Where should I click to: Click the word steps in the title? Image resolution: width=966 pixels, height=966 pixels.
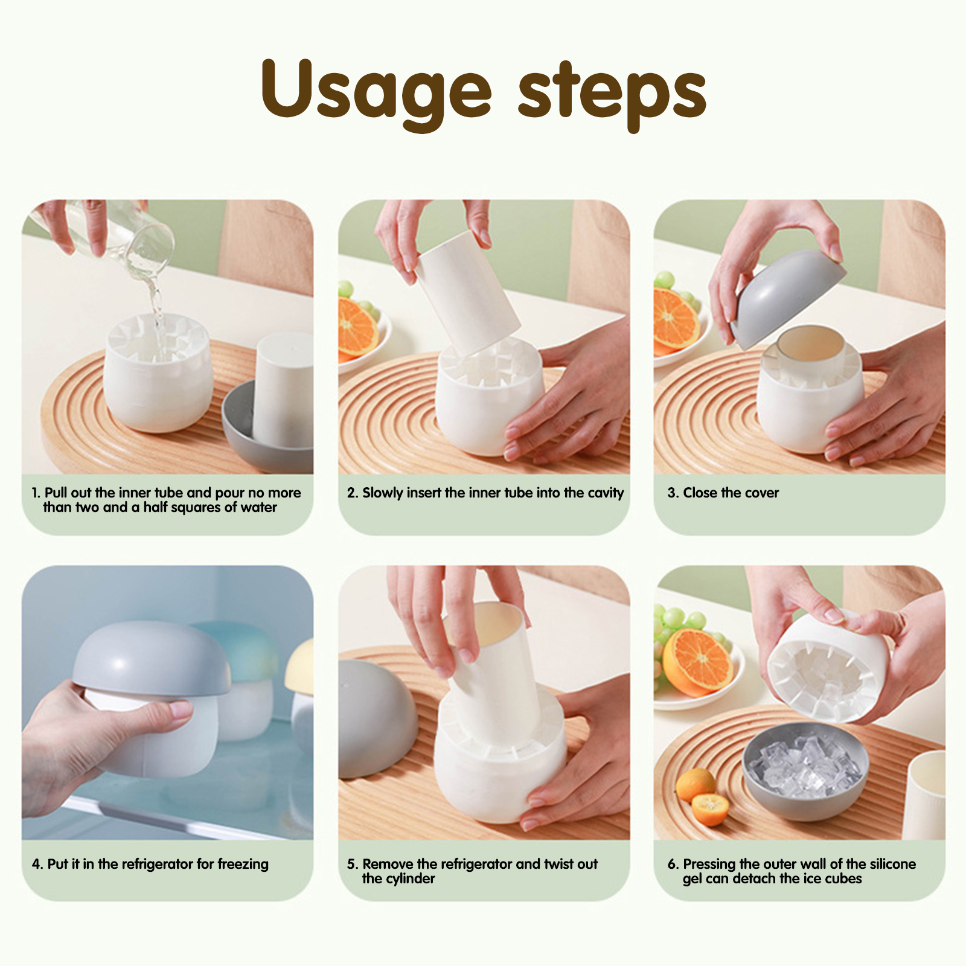pyautogui.click(x=612, y=94)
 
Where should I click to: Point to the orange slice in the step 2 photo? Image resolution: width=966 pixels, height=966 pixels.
pyautogui.click(x=357, y=328)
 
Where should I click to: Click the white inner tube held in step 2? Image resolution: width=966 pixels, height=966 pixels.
pyautogui.click(x=468, y=293)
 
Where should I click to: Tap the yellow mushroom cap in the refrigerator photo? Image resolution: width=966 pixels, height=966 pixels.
pyautogui.click(x=299, y=667)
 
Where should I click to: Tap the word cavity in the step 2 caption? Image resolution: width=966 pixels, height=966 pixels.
pyautogui.click(x=606, y=493)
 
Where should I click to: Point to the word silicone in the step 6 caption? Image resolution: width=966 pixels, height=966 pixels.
pyautogui.click(x=893, y=864)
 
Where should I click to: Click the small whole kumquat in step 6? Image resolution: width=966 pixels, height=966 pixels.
pyautogui.click(x=695, y=784)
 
